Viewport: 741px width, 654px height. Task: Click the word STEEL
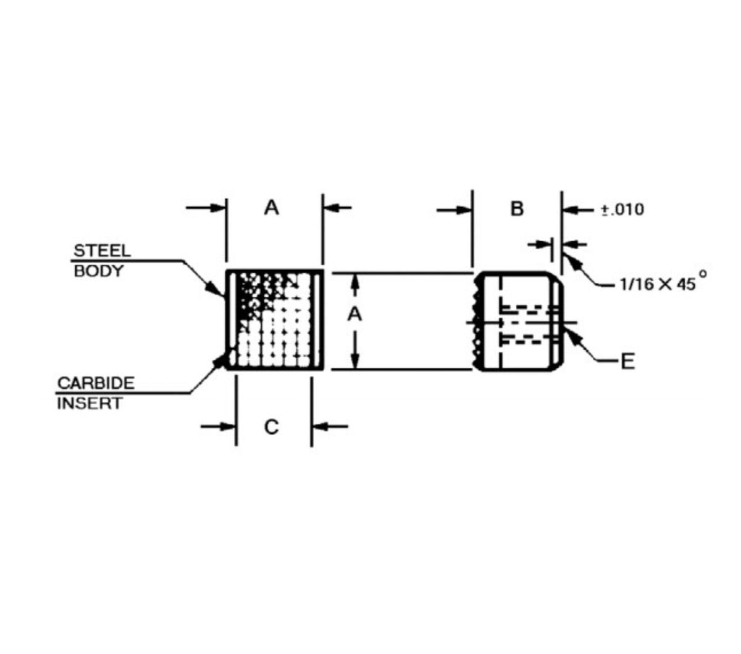click(102, 251)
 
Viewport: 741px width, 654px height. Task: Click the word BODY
click(99, 271)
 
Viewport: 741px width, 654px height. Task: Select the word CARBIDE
click(96, 383)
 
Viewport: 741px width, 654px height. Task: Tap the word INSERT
click(90, 404)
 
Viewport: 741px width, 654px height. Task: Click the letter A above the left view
click(271, 208)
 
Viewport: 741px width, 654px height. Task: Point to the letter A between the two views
click(354, 314)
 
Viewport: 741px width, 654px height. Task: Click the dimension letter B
click(517, 209)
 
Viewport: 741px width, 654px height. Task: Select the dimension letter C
click(271, 427)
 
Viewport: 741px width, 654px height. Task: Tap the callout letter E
click(627, 362)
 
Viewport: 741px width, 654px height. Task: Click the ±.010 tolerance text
click(622, 210)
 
